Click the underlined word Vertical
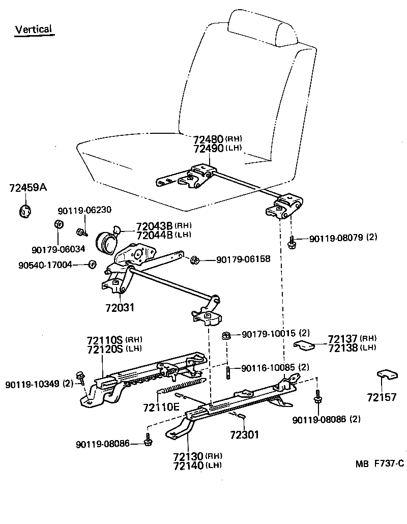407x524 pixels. click(34, 29)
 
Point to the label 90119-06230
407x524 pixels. click(84, 211)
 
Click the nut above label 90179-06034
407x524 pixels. click(58, 224)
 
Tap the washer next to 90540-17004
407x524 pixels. click(93, 264)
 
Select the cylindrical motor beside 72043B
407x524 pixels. click(107, 242)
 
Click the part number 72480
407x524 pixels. click(208, 139)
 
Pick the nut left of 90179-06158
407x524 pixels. click(194, 260)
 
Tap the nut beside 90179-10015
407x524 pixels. click(226, 335)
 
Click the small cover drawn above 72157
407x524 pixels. click(387, 375)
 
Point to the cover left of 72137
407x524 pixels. click(304, 345)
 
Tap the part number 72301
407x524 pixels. click(244, 435)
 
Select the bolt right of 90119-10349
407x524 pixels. click(80, 377)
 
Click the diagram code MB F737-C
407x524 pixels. click(380, 463)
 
